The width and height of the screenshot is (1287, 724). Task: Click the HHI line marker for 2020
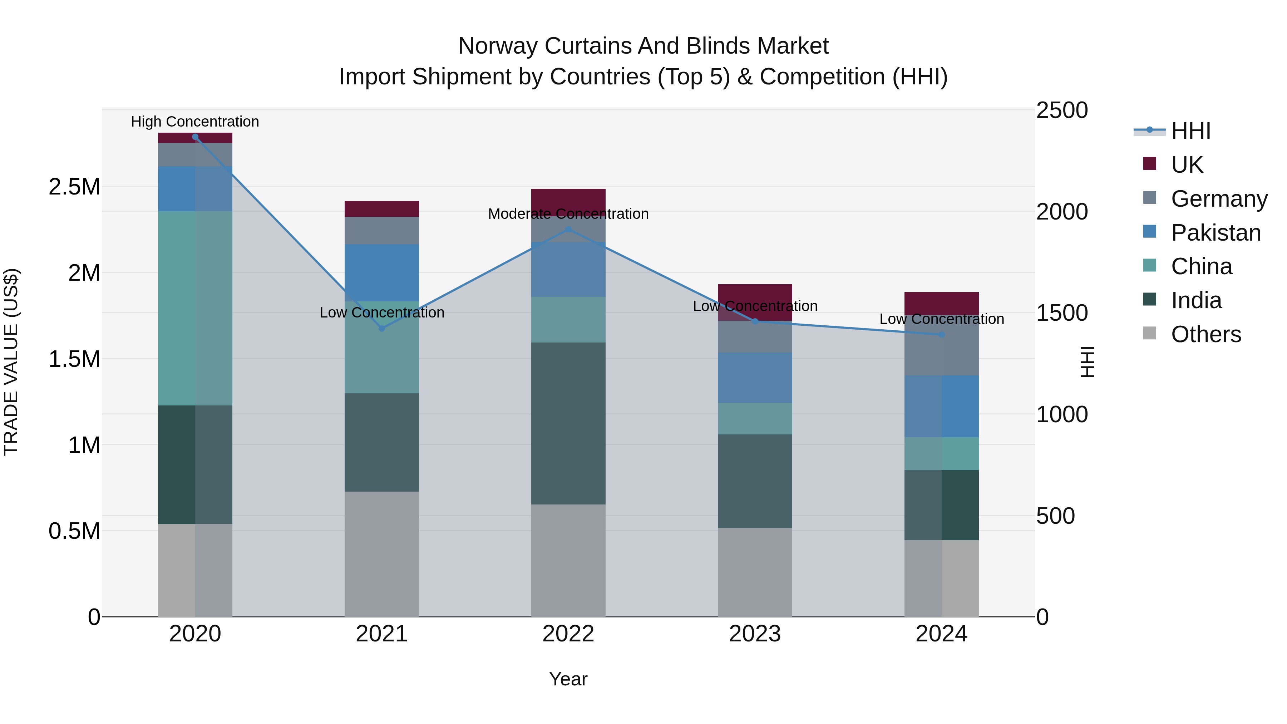pyautogui.click(x=195, y=137)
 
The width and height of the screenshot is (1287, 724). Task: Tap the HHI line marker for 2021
pyautogui.click(x=382, y=328)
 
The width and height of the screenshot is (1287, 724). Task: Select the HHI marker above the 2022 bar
pyautogui.click(x=568, y=229)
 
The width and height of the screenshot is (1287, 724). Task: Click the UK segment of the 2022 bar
pyautogui.click(x=568, y=198)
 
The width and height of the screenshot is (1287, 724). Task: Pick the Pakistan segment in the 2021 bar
pyautogui.click(x=382, y=272)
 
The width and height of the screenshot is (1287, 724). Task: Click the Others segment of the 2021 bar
pyautogui.click(x=382, y=553)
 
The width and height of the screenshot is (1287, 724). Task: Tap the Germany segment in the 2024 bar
pyautogui.click(x=941, y=350)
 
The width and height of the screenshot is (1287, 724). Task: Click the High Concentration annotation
pyautogui.click(x=195, y=122)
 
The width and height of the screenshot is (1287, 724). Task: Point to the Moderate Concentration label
pyautogui.click(x=568, y=214)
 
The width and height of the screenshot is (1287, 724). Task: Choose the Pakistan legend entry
pyautogui.click(x=1215, y=233)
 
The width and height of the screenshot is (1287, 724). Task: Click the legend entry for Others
pyautogui.click(x=1205, y=334)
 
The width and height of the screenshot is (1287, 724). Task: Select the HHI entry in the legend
pyautogui.click(x=1190, y=131)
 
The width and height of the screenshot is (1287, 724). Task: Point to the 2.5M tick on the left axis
pyautogui.click(x=74, y=187)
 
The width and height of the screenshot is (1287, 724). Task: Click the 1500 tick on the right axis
pyautogui.click(x=1062, y=313)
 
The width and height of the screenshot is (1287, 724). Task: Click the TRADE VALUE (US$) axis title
pyautogui.click(x=11, y=362)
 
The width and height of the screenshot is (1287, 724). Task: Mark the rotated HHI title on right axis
pyautogui.click(x=1087, y=362)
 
